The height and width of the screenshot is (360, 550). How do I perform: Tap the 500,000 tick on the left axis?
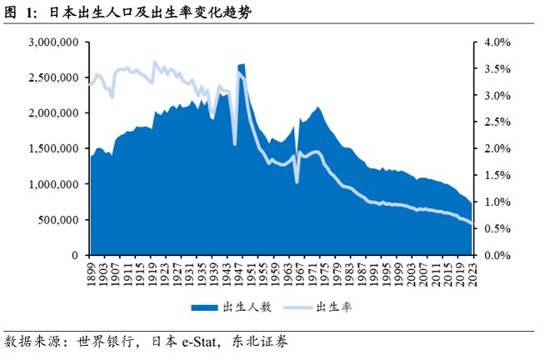pyautogui.click(x=58, y=220)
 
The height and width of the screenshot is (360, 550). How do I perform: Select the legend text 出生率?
pyautogui.click(x=332, y=307)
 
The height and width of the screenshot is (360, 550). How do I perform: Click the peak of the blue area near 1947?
pyautogui.click(x=241, y=64)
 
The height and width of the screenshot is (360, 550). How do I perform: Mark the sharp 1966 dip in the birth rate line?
pyautogui.click(x=297, y=181)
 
